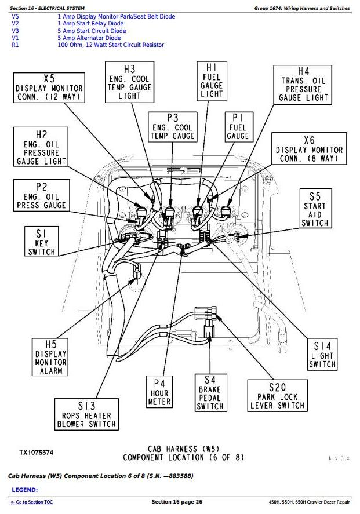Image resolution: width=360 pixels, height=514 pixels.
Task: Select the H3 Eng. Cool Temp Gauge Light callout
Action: point(129,82)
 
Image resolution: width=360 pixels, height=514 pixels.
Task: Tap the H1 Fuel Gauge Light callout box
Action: point(212,80)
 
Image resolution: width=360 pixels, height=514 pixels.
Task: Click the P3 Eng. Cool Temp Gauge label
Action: point(172,127)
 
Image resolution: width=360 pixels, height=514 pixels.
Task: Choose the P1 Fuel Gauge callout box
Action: point(238,127)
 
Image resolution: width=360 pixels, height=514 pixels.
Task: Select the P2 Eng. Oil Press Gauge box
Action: point(41,196)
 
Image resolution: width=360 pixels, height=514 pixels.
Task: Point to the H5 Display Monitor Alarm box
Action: point(51,358)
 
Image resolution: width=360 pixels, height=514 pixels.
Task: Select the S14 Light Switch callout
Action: point(322,351)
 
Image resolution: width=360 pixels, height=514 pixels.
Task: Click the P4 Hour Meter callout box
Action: point(160,392)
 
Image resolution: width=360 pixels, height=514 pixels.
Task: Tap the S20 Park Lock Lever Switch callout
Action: point(277,396)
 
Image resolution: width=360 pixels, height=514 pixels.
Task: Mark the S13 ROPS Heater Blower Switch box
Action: point(86,415)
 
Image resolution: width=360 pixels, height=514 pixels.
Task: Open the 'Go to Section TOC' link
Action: point(32,502)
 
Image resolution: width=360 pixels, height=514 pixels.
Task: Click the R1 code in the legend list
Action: point(15,45)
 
